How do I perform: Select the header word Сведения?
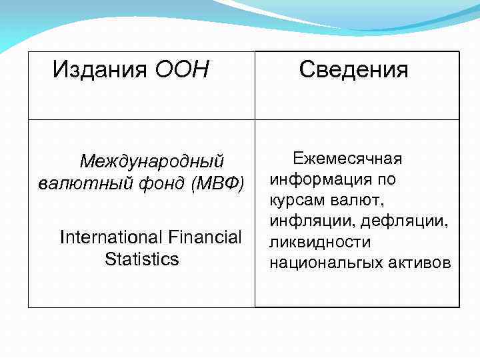point(353,69)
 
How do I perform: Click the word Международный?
point(151,162)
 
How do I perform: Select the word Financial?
point(205,237)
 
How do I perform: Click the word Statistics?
point(142,259)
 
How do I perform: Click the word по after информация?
point(385,179)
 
